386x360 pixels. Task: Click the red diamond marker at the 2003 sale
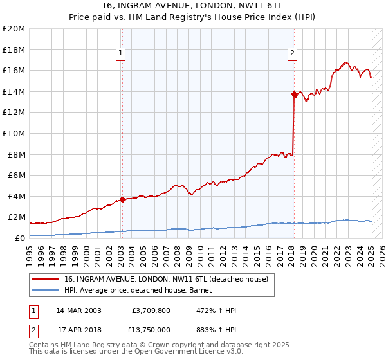(x=122, y=199)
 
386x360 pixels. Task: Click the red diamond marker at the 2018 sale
(x=295, y=94)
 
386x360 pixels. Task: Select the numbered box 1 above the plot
(x=122, y=53)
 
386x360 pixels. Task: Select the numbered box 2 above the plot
(x=292, y=53)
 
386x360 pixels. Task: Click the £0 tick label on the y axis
(x=19, y=238)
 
